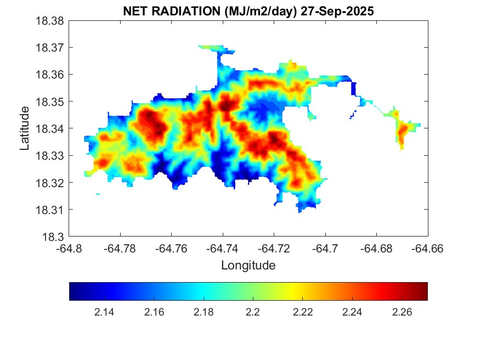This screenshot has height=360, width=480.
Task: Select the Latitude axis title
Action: tap(25, 128)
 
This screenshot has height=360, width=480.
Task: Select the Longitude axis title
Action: tap(248, 266)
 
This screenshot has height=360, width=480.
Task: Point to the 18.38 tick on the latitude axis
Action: tap(51, 21)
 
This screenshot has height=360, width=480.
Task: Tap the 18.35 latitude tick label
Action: tap(51, 102)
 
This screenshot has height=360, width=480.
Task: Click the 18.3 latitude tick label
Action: tap(54, 237)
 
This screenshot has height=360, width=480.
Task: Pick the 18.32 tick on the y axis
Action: tap(51, 183)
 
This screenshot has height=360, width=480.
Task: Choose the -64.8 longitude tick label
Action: tap(70, 249)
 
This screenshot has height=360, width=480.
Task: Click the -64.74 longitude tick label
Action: tap(223, 249)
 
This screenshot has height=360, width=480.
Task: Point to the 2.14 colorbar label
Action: tap(104, 312)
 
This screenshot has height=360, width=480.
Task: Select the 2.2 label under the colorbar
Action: tap(253, 312)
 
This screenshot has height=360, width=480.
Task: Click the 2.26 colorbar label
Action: tap(402, 312)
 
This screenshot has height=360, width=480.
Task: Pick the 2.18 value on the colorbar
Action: tap(204, 312)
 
